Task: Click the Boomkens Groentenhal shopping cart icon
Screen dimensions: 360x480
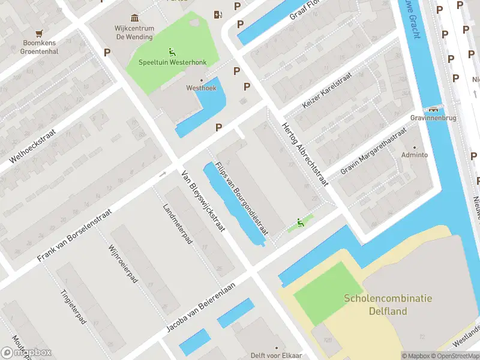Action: (40, 34)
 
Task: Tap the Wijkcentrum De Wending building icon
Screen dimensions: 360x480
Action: (135, 19)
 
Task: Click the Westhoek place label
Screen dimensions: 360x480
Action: (201, 88)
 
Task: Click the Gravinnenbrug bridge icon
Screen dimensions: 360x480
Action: (433, 109)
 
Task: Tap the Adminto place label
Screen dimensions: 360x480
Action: (415, 155)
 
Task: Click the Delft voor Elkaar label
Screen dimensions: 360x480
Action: (276, 355)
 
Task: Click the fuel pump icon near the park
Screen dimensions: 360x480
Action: (217, 14)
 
